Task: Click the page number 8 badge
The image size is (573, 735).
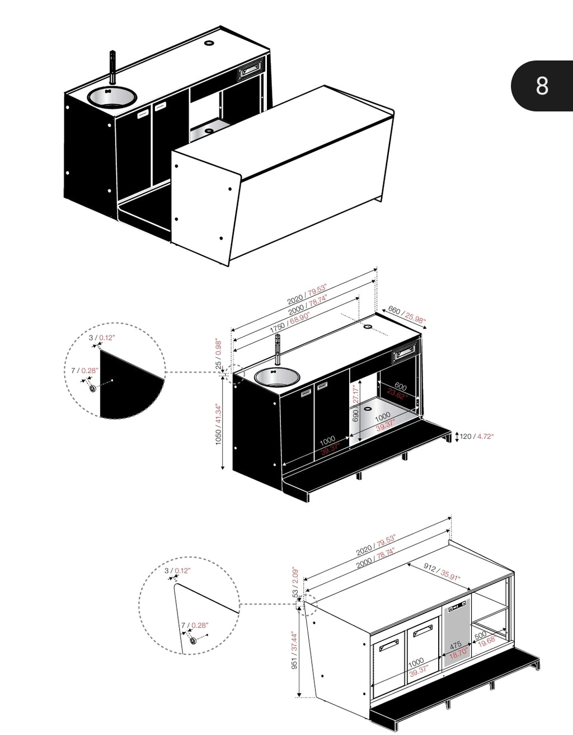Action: coord(542,86)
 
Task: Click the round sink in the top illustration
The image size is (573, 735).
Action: coord(112,97)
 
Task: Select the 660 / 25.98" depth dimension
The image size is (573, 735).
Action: coord(407,315)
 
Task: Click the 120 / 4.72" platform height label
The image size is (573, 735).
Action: coord(476,436)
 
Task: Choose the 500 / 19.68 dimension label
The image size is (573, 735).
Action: coord(484,638)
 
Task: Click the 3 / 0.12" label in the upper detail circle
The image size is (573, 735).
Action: coord(101,338)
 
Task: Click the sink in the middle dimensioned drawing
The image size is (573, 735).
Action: coord(276,376)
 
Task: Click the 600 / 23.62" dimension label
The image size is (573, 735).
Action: coord(398,390)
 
